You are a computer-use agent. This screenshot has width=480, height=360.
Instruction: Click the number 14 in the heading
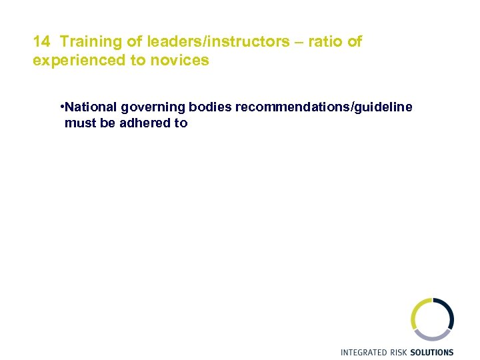pos(41,42)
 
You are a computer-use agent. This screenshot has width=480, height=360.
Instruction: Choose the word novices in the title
pos(184,61)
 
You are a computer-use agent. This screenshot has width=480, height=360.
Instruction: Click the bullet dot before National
pos(61,107)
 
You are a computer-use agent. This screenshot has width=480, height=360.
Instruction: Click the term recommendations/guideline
pos(323,107)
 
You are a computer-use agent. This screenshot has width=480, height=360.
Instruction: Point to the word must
pos(79,123)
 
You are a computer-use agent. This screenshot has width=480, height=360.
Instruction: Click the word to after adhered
pos(181,123)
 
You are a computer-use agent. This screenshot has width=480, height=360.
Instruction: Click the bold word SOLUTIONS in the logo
pos(431,352)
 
